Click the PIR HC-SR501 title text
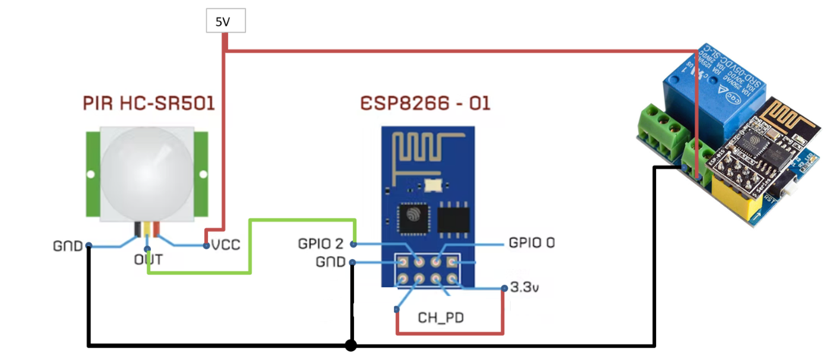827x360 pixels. click(148, 103)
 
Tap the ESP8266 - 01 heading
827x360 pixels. click(425, 103)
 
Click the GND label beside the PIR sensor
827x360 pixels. click(67, 246)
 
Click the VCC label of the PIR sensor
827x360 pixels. click(226, 245)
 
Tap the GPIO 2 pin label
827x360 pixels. click(321, 244)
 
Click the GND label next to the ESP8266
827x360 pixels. click(330, 262)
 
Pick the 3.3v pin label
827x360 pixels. click(526, 288)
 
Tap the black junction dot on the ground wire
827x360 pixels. click(350, 346)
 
